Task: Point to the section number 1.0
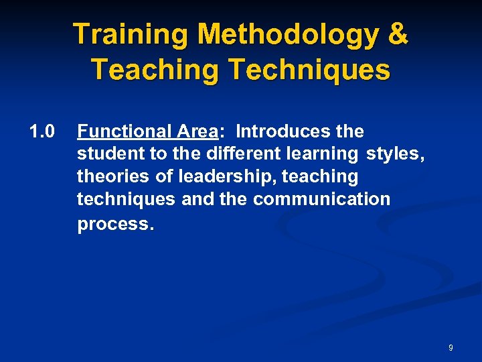(42, 131)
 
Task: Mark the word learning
(320, 154)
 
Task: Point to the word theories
(110, 176)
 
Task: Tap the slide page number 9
(451, 347)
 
